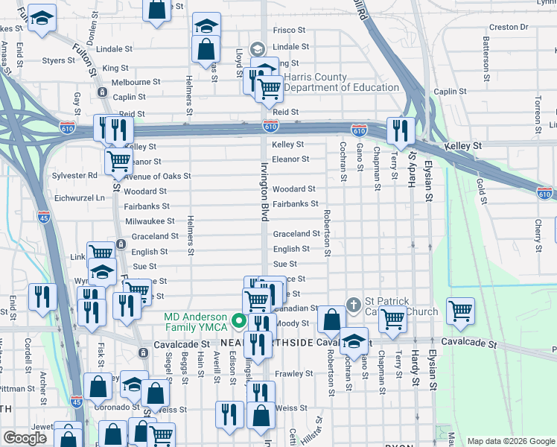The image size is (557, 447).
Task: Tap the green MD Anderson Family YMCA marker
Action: [x=239, y=321]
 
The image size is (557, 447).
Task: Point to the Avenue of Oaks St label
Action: [x=150, y=177]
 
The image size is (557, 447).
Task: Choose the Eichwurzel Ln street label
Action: [x=80, y=198]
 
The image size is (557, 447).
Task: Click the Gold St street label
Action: [x=482, y=191]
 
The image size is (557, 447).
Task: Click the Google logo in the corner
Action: [x=25, y=439]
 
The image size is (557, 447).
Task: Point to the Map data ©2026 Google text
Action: [x=511, y=440]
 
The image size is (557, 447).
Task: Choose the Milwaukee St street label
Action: [x=150, y=221]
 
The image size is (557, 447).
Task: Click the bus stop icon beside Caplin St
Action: [x=101, y=92]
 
